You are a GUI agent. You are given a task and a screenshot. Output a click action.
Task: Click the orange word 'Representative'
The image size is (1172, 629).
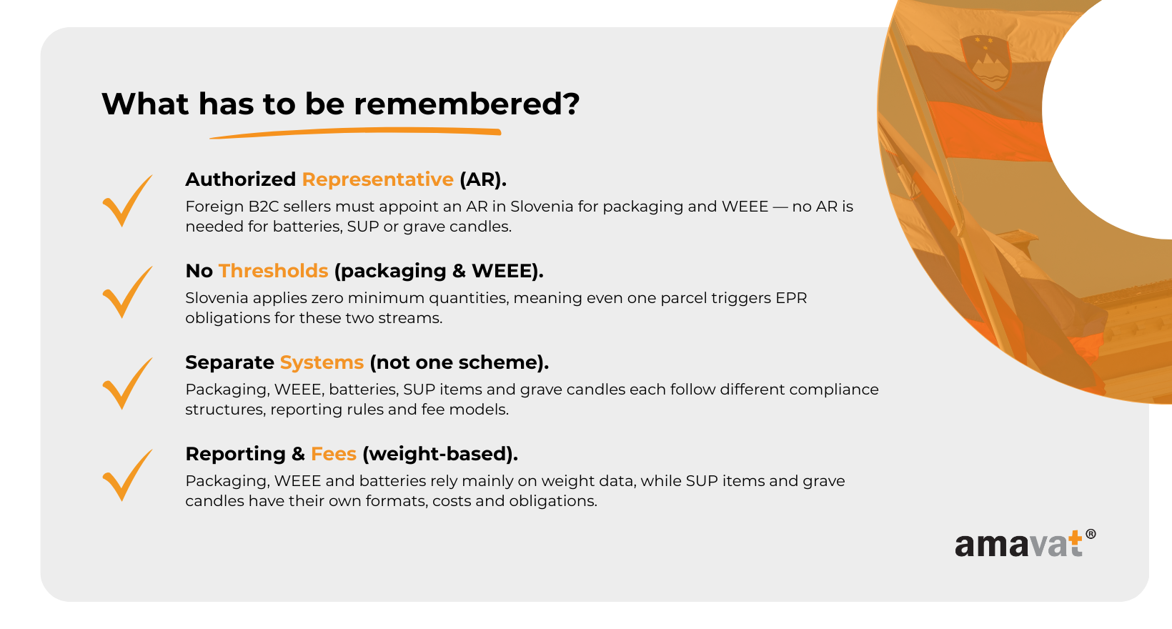click(378, 179)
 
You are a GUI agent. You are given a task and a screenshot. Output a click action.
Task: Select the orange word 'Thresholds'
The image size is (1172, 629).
click(273, 271)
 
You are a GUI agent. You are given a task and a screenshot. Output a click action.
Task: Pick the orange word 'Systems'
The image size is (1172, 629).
click(322, 362)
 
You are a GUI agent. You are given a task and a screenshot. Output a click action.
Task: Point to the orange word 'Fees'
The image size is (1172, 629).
click(334, 454)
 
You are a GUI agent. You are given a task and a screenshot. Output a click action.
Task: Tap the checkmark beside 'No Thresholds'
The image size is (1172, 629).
click(127, 293)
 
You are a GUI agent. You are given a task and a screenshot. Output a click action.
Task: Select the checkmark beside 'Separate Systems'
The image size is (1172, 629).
click(127, 385)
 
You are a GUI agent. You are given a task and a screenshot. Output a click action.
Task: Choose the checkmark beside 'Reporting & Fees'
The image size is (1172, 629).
click(127, 476)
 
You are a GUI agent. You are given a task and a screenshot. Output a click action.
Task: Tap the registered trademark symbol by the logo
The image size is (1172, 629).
click(1091, 534)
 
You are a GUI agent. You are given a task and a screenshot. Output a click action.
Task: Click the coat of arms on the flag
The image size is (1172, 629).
click(985, 61)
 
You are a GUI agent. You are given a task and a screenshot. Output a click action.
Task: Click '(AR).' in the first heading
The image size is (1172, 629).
click(483, 179)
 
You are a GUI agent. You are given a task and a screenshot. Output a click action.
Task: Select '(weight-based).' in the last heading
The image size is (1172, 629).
click(440, 454)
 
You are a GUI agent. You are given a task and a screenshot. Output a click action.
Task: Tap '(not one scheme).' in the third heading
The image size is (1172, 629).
click(459, 362)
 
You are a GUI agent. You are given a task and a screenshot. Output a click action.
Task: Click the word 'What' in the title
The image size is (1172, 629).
click(145, 104)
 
